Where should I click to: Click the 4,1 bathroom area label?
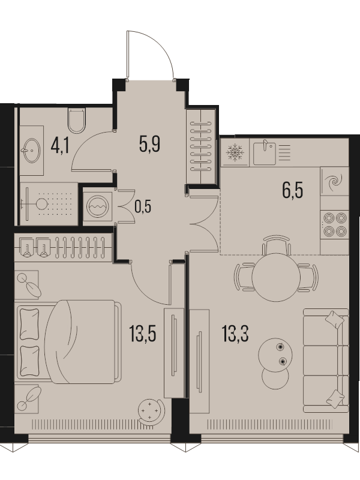coord(60,145)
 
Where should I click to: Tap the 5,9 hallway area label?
coord(149,144)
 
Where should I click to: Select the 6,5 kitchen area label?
coord(293,190)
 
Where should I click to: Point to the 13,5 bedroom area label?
coord(143,334)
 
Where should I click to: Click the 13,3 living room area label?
coord(235,334)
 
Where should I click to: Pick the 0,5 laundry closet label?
coord(143,207)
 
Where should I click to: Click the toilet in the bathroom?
coord(77,121)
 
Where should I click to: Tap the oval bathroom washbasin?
coord(31,151)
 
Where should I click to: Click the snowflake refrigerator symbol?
coord(235,152)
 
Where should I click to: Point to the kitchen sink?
coord(265,152)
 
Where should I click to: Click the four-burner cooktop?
coord(335,224)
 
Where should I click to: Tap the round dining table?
coord(276,277)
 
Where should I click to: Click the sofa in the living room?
coord(326,361)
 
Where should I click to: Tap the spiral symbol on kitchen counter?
coord(334,182)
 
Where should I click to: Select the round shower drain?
coord(42,203)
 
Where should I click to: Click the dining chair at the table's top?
coord(276,244)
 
